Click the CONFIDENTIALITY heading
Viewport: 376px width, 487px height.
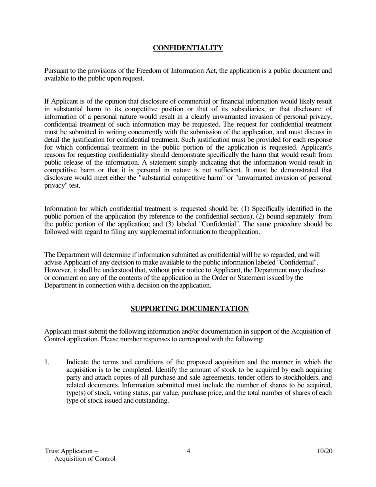188,48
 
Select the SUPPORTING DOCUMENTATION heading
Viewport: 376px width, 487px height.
190,308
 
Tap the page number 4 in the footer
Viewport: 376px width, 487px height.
188,451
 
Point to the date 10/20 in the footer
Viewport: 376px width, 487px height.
325,451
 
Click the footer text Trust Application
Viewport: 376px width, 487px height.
71,451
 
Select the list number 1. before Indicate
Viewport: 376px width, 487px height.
47,362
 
